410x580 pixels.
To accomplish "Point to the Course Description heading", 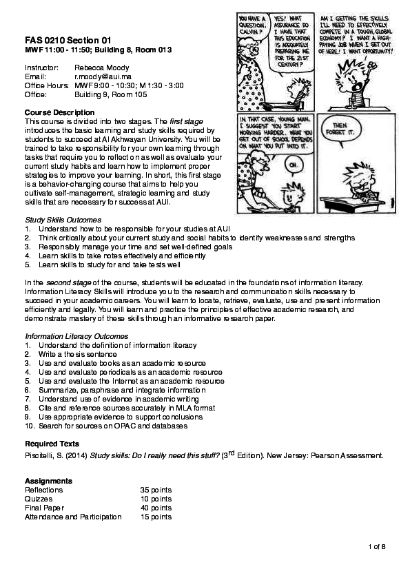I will (59, 112).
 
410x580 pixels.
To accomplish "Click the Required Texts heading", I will (52, 444).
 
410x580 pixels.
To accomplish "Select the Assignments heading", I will (48, 480).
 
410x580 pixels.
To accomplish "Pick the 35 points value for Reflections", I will (156, 490).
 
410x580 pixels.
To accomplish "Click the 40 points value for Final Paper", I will (156, 508).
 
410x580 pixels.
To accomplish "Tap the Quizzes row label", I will (38, 499).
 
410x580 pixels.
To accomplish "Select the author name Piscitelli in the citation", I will (40, 456).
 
